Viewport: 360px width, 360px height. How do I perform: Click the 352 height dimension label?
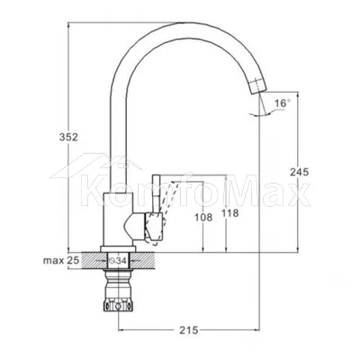tap(68, 137)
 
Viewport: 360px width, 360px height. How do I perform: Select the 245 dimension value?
tap(299, 172)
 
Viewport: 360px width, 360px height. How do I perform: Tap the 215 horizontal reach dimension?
tap(189, 330)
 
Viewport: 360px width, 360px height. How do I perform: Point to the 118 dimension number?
tap(230, 213)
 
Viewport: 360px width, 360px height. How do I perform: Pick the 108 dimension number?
tap(203, 218)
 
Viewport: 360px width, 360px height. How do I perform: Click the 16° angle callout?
tap(283, 103)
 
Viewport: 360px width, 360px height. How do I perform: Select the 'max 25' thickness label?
tap(61, 260)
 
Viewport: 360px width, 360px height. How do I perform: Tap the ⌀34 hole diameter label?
tap(118, 261)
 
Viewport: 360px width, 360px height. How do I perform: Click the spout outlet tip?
tap(259, 91)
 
